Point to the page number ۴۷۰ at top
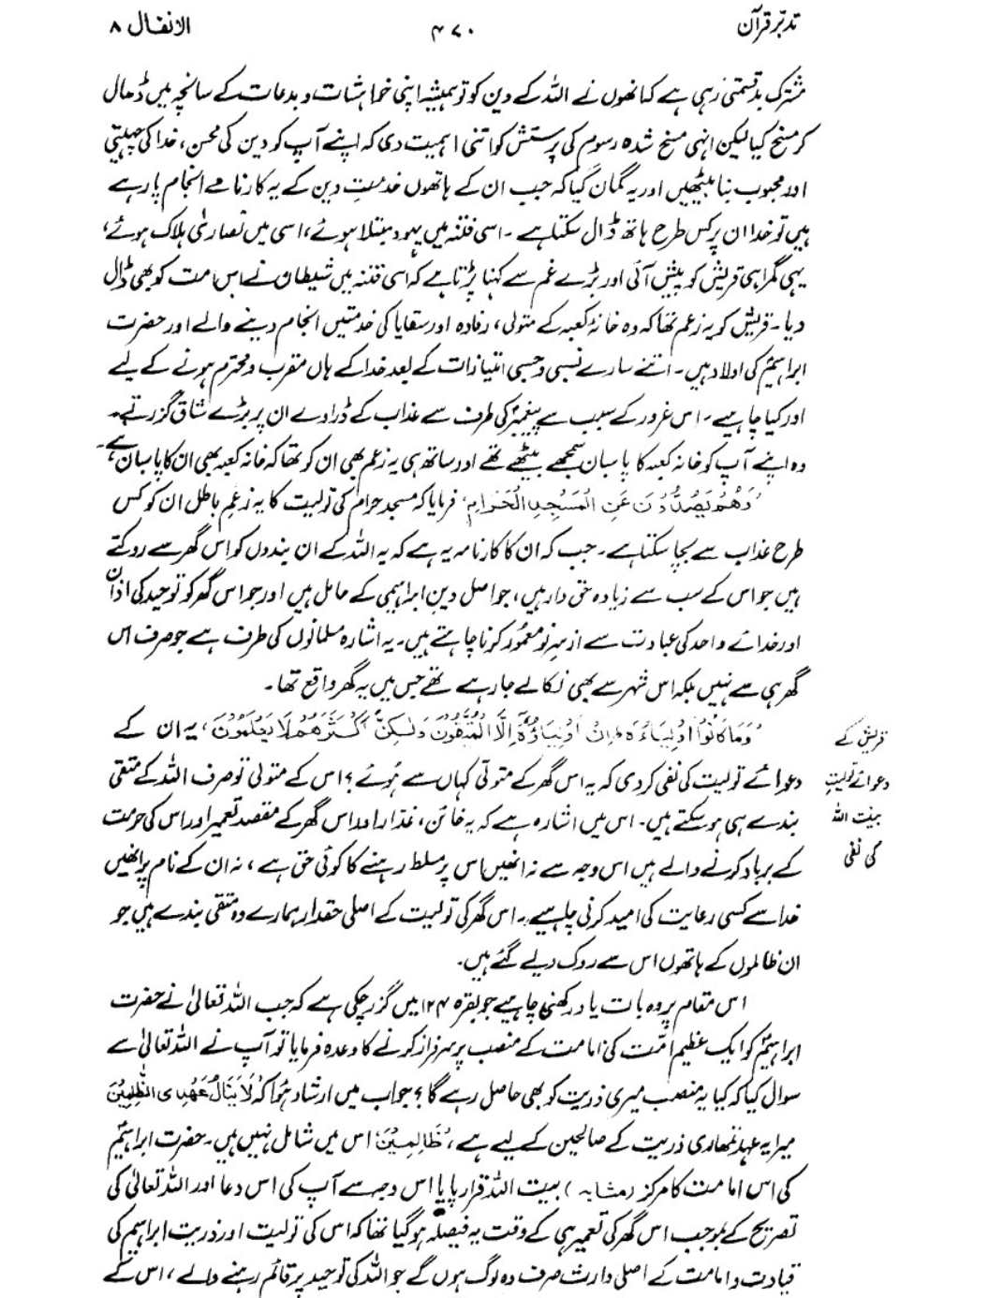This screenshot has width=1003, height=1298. tap(455, 27)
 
